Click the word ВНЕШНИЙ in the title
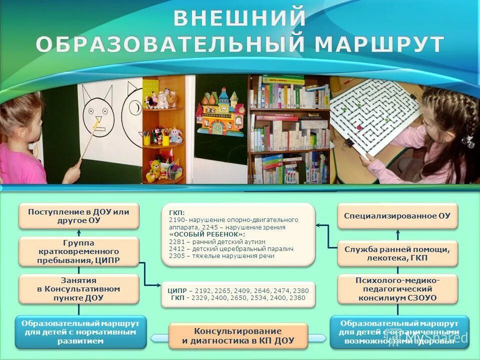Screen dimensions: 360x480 point(239,18)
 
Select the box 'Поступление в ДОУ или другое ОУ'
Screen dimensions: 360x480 point(78,216)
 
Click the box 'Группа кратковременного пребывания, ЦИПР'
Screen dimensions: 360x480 point(78,251)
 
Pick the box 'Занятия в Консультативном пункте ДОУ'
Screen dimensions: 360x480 point(78,289)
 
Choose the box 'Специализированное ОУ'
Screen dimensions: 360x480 point(397,216)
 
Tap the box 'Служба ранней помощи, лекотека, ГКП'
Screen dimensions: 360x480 point(397,253)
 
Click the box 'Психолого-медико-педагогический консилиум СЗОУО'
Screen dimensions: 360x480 point(397,289)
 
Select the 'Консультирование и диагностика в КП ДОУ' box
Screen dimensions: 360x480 point(237,335)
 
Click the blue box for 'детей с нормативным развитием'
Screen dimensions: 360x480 point(80,332)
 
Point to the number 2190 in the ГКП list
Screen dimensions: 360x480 point(177,220)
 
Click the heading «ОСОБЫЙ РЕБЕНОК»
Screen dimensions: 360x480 point(207,234)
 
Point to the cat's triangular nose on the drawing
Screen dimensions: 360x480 point(98,120)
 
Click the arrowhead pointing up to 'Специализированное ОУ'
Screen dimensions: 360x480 point(398,232)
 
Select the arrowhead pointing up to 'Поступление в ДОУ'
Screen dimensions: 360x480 point(78,232)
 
